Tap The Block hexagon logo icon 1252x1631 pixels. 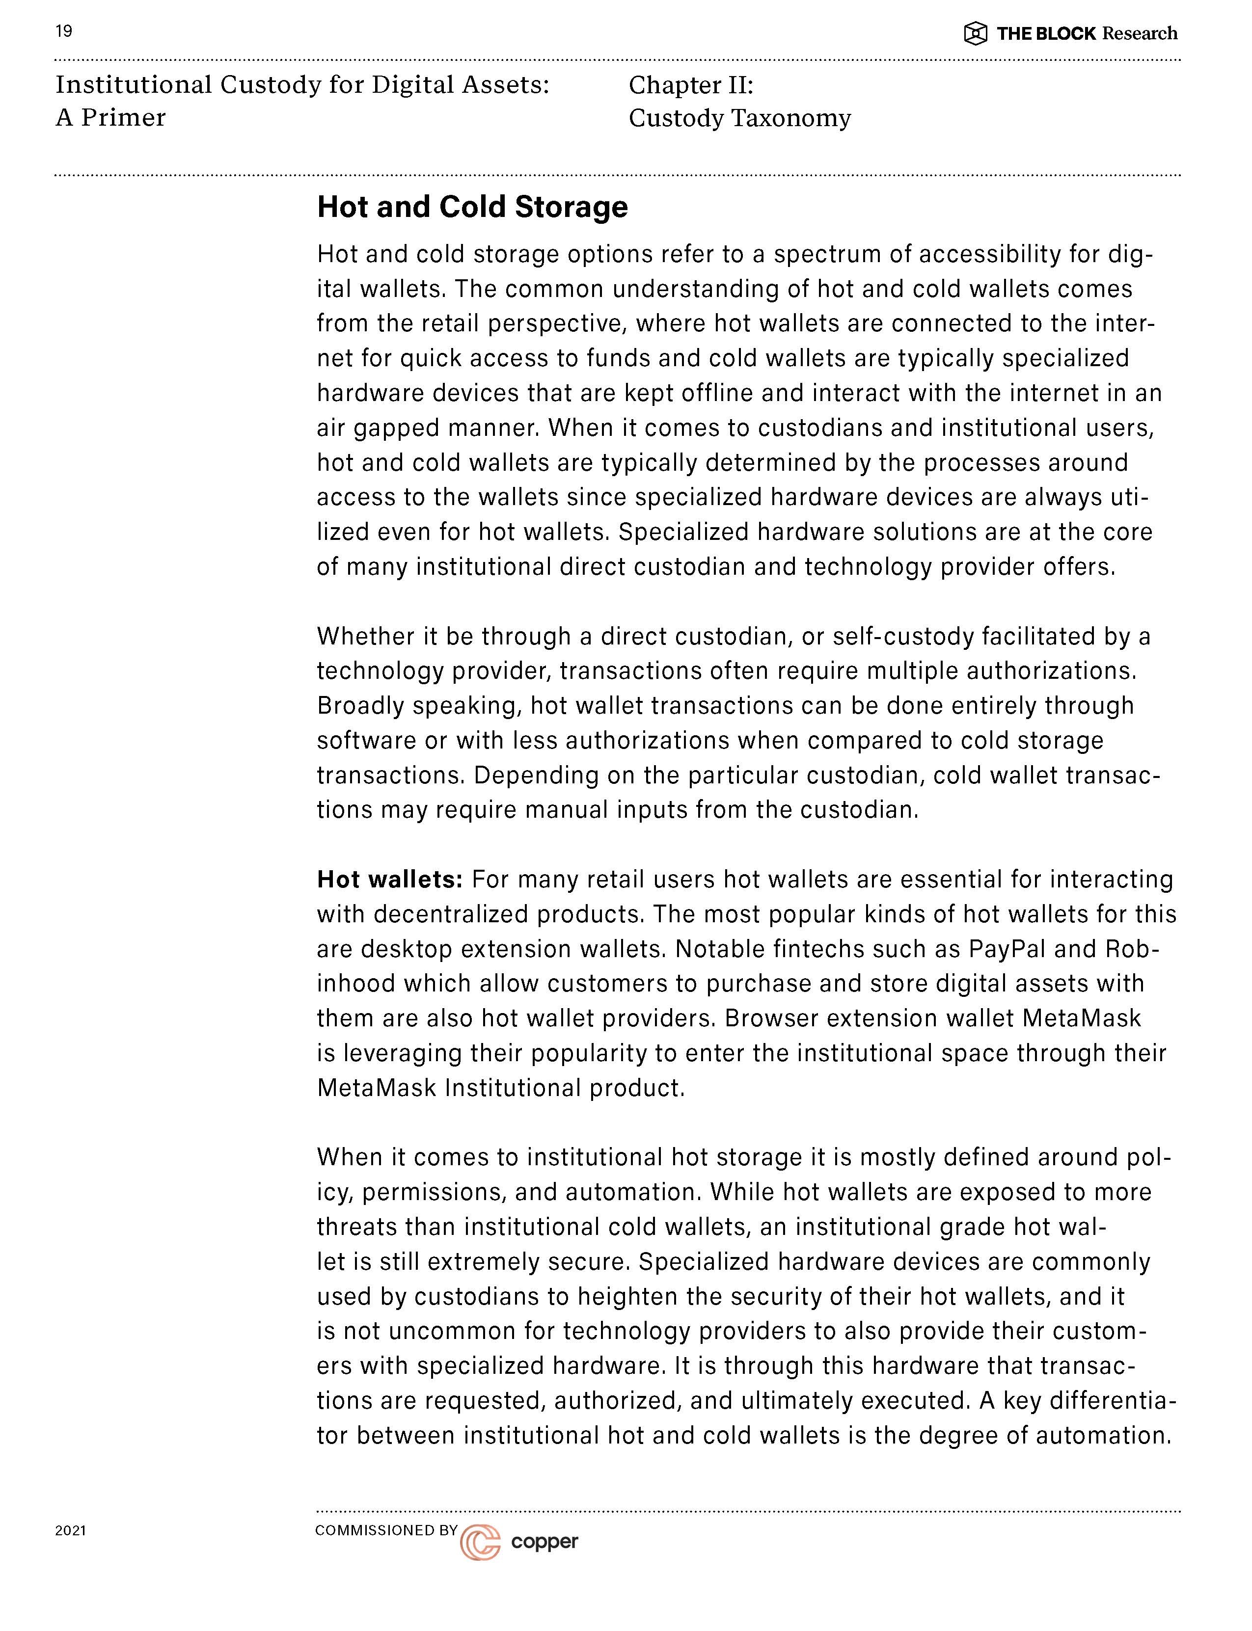coord(976,33)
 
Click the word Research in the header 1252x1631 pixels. coord(1140,33)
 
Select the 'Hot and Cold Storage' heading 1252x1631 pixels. coord(472,207)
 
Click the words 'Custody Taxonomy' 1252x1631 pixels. coord(739,118)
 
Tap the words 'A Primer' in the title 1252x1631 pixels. coord(110,118)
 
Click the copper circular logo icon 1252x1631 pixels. coord(480,1542)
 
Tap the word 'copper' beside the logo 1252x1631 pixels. coord(545,1542)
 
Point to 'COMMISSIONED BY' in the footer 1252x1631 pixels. coord(386,1530)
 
